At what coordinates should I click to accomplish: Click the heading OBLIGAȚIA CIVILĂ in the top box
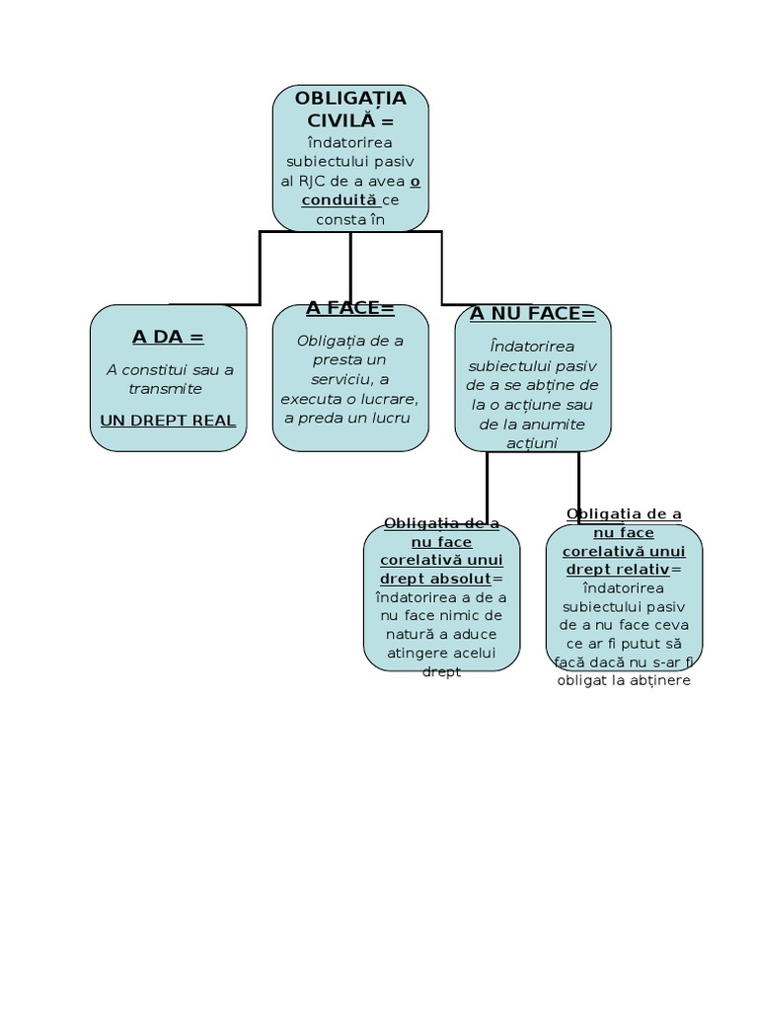[x=350, y=109]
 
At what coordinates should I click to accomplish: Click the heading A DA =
[x=168, y=337]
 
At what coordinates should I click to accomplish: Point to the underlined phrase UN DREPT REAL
[x=168, y=421]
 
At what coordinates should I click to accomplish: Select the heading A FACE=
[x=349, y=308]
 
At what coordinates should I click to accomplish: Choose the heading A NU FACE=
[x=533, y=314]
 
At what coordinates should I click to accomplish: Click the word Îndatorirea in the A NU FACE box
[x=532, y=346]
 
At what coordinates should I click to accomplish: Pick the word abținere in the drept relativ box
[x=655, y=680]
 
